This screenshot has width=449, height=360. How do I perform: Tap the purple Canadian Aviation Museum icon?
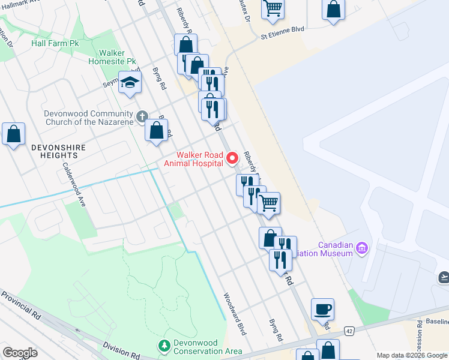click(x=361, y=247)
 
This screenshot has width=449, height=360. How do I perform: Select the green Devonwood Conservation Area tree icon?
click(x=164, y=346)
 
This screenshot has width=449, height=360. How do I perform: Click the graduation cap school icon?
click(x=129, y=83)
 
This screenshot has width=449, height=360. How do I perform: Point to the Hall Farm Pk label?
click(x=55, y=44)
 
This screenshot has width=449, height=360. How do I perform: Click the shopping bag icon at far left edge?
click(x=13, y=134)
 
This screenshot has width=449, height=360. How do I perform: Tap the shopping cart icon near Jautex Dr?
click(x=273, y=8)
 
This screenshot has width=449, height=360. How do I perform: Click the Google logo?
click(x=20, y=352)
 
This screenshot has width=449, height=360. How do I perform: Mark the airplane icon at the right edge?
click(x=443, y=277)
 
